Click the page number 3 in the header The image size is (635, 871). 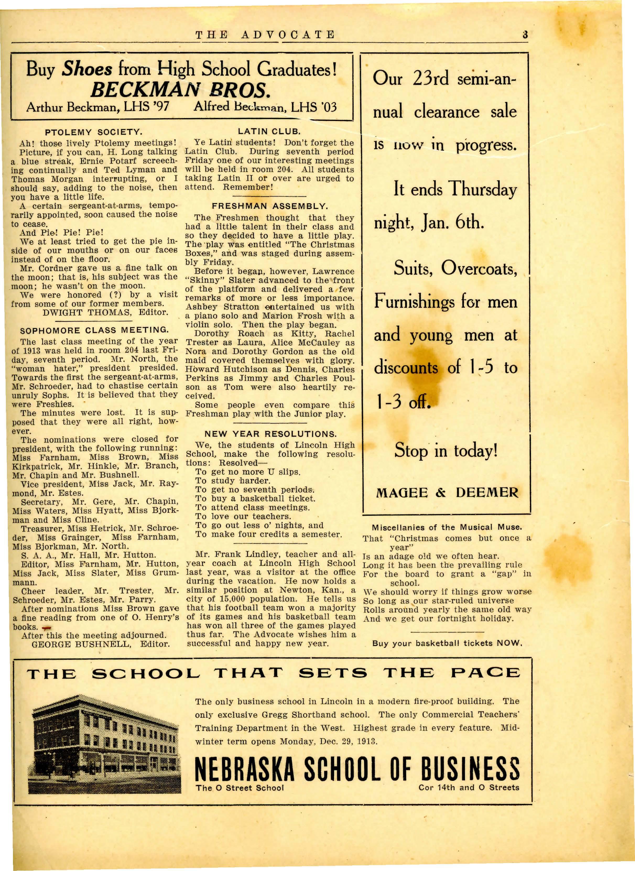[x=525, y=35]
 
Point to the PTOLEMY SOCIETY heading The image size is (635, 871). [x=93, y=132]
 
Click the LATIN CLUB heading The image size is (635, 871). [x=269, y=132]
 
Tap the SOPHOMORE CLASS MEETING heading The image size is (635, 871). [x=94, y=330]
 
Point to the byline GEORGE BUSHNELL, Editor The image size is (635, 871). [x=100, y=644]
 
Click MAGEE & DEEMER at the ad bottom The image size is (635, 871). [x=447, y=493]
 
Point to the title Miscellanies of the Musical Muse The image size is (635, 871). [x=447, y=527]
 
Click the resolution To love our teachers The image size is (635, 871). [x=243, y=516]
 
